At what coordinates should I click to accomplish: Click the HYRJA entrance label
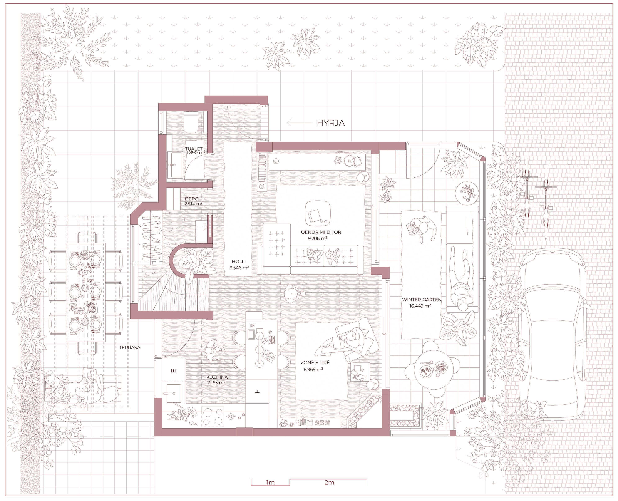pos(331,123)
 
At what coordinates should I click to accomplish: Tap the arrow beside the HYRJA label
pos(300,123)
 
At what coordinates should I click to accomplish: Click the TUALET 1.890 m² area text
pos(195,153)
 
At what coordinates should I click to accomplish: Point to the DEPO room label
pos(192,199)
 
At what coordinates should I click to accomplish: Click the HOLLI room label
pos(239,261)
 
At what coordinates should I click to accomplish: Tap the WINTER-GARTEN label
pos(422,300)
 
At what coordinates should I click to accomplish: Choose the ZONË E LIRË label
pos(315,363)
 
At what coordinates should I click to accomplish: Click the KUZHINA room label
pos(217,377)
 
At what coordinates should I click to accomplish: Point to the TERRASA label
pos(130,347)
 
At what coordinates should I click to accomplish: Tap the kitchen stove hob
pos(213,416)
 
